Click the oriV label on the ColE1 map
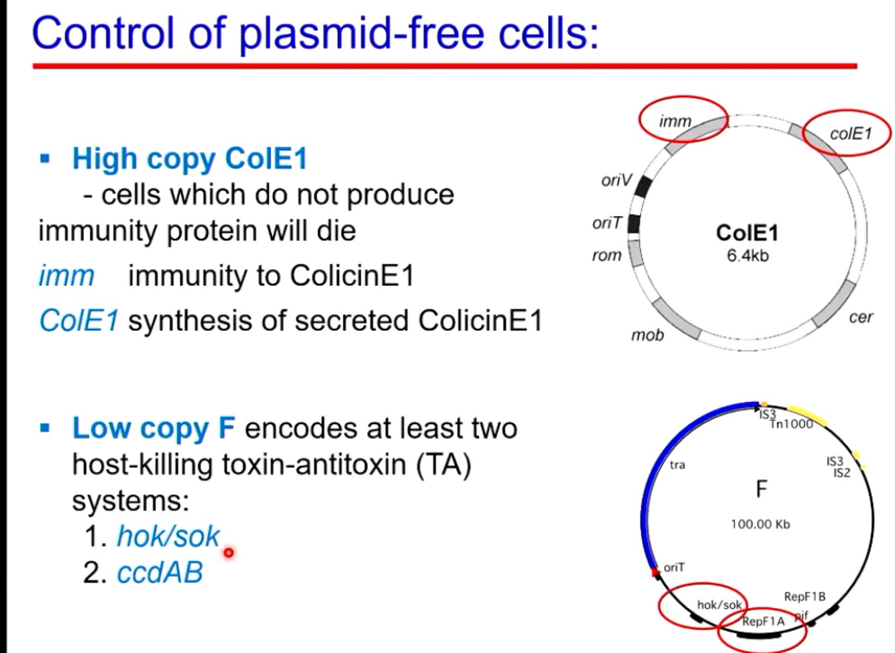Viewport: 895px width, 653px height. tap(616, 180)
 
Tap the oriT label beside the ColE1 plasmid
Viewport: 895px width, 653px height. tap(607, 223)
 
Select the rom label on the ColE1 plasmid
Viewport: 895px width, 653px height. tap(607, 255)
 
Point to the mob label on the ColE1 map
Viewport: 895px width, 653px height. tap(647, 334)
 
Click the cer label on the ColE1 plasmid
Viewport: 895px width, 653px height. tap(860, 317)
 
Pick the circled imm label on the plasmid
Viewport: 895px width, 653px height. tap(675, 121)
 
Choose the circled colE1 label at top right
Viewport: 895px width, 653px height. tap(850, 134)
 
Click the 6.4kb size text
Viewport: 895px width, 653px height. tap(747, 256)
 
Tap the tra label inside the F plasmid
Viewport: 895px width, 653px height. tap(677, 464)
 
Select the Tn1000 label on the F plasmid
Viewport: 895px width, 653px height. tap(792, 424)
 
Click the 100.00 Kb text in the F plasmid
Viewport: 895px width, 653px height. tap(760, 524)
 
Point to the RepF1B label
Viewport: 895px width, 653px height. tap(804, 597)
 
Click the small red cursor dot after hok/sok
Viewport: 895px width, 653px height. tap(229, 552)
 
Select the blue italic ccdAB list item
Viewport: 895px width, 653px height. tap(160, 572)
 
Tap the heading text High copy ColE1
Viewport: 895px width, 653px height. tap(189, 159)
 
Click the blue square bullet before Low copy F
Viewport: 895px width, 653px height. tap(45, 428)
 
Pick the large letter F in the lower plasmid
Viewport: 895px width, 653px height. tap(761, 489)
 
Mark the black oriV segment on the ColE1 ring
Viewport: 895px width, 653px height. tap(644, 185)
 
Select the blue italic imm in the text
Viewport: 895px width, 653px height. tap(66, 276)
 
